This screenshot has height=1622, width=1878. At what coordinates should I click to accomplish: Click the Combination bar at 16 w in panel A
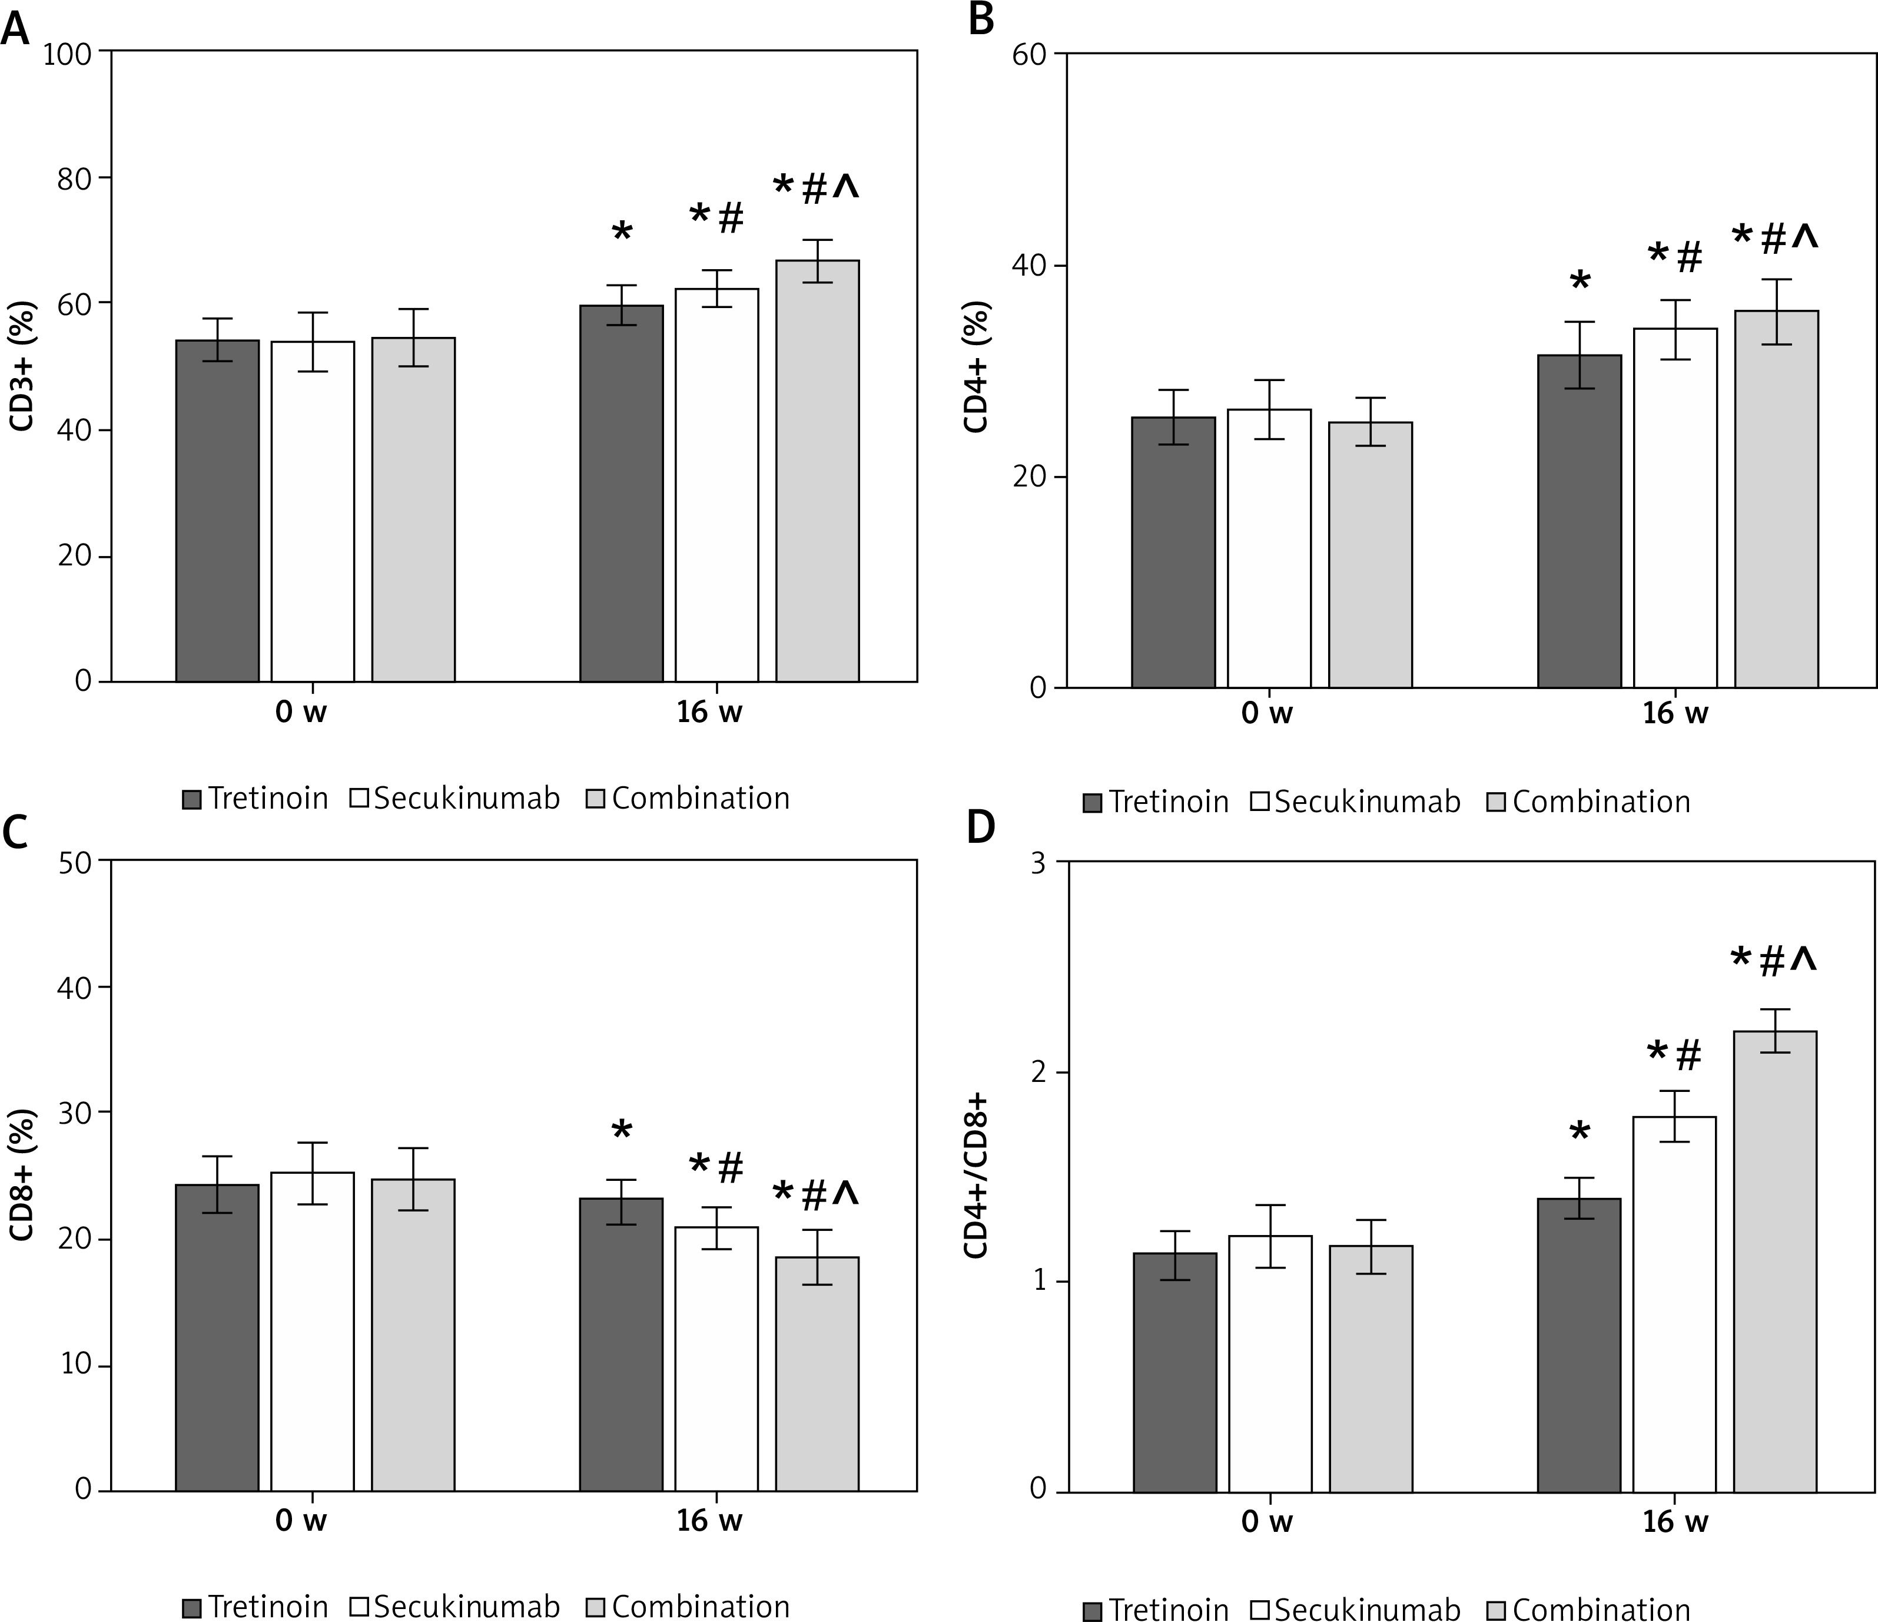pos(817,471)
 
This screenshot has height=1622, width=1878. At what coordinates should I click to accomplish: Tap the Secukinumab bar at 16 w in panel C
pos(716,1359)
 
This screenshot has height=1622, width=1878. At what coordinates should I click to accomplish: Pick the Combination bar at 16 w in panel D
pos(1774,1261)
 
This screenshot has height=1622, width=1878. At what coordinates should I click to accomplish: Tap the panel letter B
pos(981,20)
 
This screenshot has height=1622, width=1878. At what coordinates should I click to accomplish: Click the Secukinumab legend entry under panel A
pos(456,799)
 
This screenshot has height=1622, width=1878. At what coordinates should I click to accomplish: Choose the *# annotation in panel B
pos(1675,257)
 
